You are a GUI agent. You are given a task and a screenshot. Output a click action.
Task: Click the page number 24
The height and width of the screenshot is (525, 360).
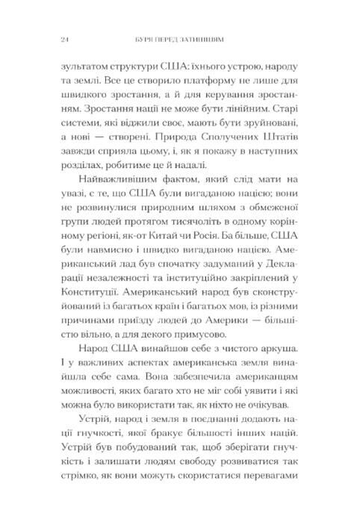pyautogui.click(x=49, y=39)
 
